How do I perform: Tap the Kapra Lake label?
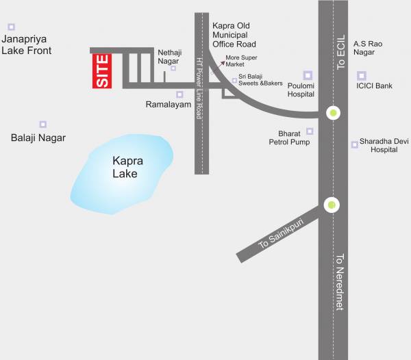pos(125,168)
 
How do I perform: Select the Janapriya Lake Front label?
pos(26,45)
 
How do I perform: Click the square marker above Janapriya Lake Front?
pos(11,27)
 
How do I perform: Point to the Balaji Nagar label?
pos(38,138)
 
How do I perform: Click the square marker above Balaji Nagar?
pos(42,125)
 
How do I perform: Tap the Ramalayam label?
pos(168,105)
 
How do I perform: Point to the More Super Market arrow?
pos(221,63)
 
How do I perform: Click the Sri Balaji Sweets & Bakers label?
pos(260,80)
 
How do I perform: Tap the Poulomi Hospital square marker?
pos(308,75)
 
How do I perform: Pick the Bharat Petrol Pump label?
pos(289,138)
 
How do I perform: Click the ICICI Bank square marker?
pos(362,75)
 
